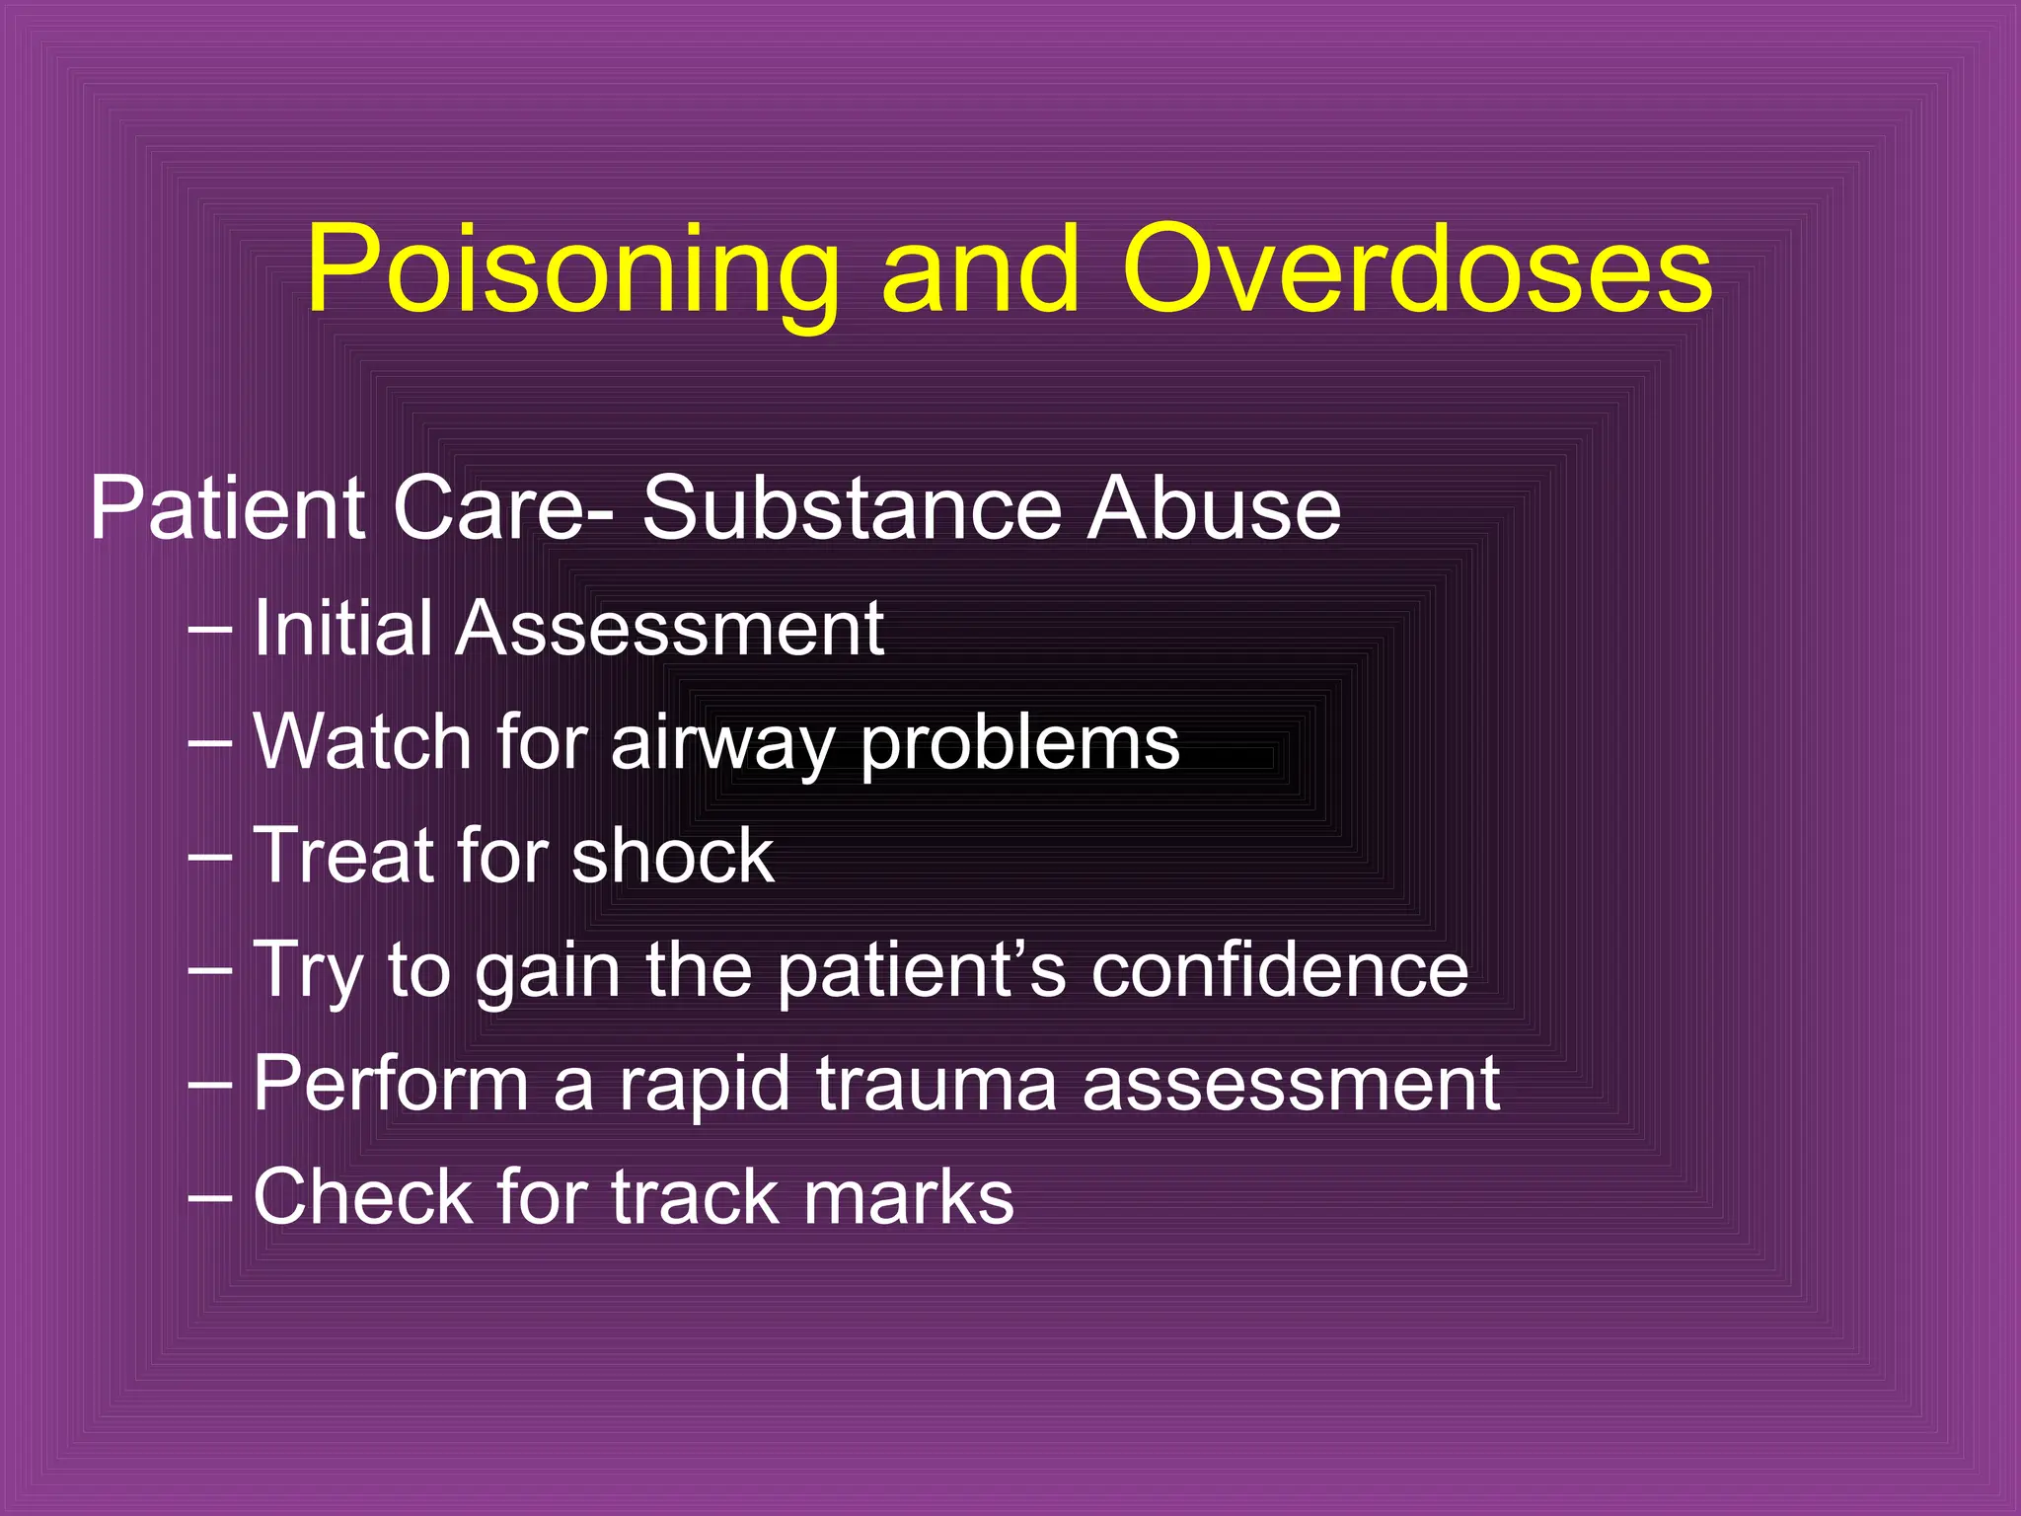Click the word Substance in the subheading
click(853, 508)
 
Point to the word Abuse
click(1214, 508)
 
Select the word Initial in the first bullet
click(342, 628)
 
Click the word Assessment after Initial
click(669, 628)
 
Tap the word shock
click(672, 856)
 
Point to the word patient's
click(922, 970)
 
